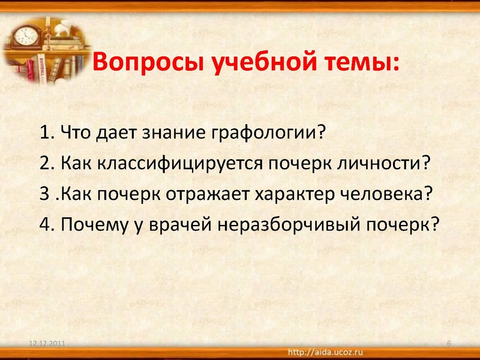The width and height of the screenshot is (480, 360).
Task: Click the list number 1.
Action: point(46,132)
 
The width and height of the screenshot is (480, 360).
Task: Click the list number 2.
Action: point(46,163)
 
